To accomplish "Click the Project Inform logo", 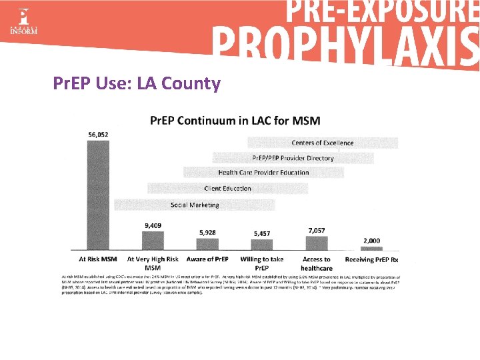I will click(x=23, y=22).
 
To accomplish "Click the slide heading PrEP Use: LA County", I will click(x=137, y=83).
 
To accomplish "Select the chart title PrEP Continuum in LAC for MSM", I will click(x=235, y=121).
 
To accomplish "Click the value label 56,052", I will click(x=98, y=134).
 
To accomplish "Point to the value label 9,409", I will click(x=153, y=225).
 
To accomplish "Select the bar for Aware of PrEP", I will click(x=207, y=245).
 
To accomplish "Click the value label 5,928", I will click(x=207, y=232).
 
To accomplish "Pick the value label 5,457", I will click(x=262, y=233).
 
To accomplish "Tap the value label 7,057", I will click(x=317, y=229).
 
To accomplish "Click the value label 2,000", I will click(x=371, y=240).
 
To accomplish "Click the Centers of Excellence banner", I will click(x=323, y=143).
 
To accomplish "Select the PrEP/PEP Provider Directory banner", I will click(x=293, y=158).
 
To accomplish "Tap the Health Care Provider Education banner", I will click(x=263, y=173).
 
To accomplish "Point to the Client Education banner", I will click(x=228, y=189).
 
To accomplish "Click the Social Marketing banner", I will click(x=195, y=205).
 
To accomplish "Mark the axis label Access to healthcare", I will click(x=317, y=263).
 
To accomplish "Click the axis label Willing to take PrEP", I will click(x=262, y=263).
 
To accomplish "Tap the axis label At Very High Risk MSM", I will click(x=153, y=263).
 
